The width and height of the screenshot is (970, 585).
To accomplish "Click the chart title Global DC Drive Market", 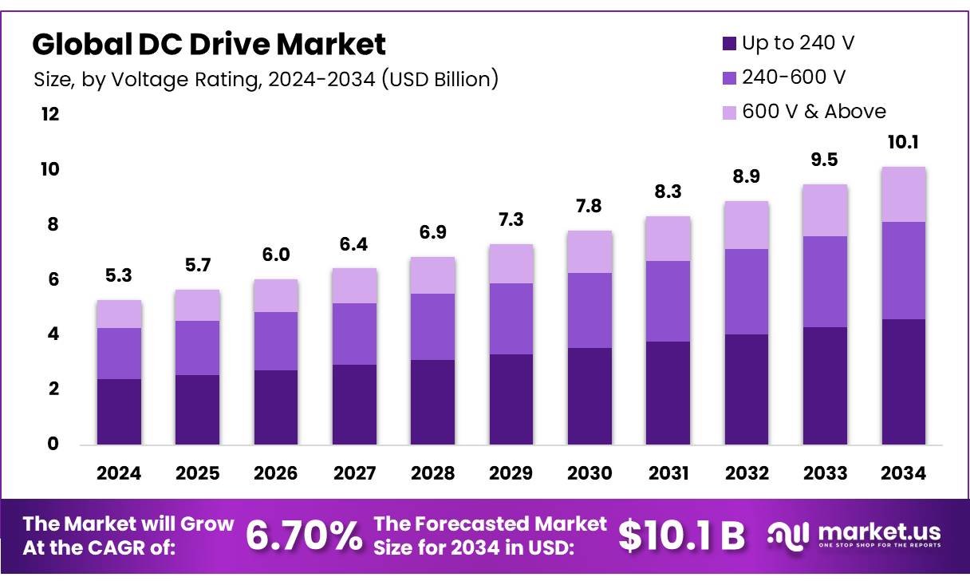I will (x=209, y=45).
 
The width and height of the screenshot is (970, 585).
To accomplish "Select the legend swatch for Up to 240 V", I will (x=728, y=44).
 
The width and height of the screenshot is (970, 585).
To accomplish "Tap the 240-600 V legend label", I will (x=794, y=77).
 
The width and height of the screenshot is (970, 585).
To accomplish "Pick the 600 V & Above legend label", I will (x=814, y=112).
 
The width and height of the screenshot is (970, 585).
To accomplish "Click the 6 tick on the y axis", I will (x=53, y=279).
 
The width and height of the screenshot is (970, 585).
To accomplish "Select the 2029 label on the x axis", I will (x=511, y=473).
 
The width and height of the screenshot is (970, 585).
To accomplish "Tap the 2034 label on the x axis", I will (x=904, y=473).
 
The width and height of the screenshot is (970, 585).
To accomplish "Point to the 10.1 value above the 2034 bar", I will (x=904, y=144).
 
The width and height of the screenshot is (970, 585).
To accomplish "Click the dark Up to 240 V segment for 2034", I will (x=904, y=381).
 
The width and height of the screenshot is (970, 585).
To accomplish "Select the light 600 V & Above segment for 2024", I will (x=118, y=314).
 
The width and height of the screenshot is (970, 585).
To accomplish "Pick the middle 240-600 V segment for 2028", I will (x=432, y=326).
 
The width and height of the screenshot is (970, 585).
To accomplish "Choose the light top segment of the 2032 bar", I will (x=747, y=225).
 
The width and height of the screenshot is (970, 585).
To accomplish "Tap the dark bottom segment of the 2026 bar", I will (x=275, y=407).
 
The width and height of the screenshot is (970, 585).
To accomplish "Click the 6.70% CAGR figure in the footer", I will (x=303, y=535).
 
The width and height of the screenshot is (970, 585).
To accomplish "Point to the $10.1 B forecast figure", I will (x=682, y=536).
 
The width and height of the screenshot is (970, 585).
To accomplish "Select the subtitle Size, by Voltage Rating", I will (x=266, y=80).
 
